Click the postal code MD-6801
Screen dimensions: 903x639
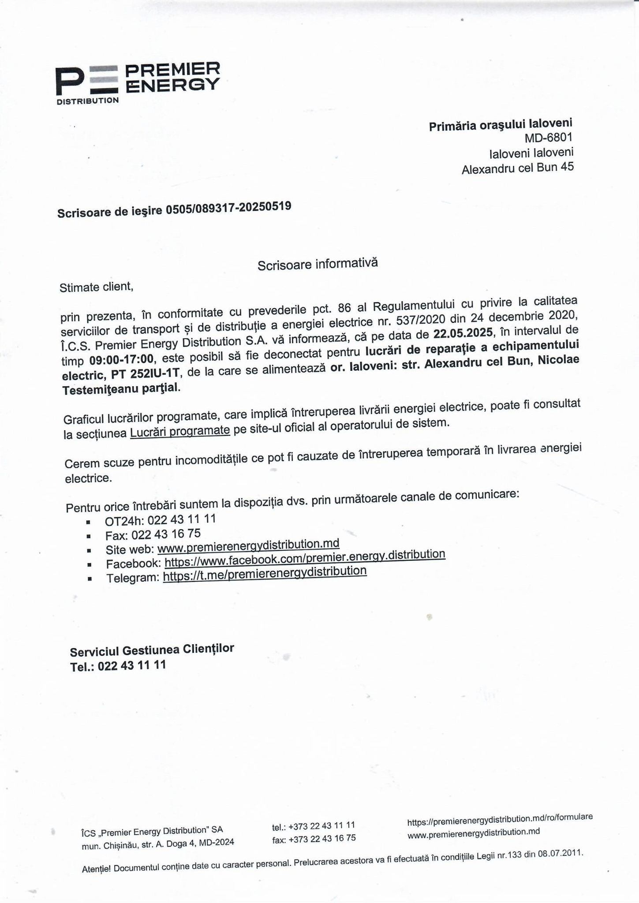coord(548,138)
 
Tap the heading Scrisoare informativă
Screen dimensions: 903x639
coord(318,264)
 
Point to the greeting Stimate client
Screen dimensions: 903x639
coord(96,287)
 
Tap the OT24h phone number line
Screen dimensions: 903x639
coord(160,520)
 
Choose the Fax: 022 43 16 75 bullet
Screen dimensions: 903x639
coord(153,535)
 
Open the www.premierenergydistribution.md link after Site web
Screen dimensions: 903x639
coord(248,546)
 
